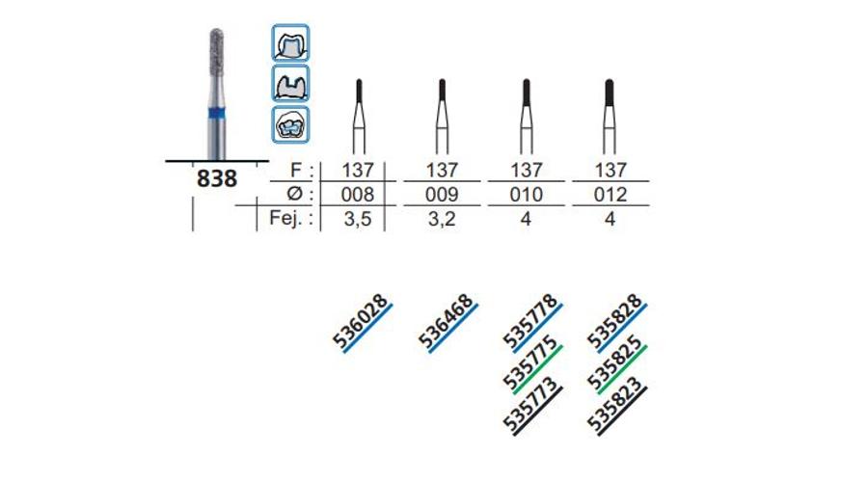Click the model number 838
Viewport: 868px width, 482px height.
217,178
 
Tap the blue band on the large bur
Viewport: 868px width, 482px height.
217,114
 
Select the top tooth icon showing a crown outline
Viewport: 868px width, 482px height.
290,42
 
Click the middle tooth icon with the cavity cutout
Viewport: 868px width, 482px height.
290,84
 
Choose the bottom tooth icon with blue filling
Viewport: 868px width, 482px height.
290,124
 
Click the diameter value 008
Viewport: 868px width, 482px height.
358,194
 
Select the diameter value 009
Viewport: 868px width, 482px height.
442,194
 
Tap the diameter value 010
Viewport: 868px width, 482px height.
526,194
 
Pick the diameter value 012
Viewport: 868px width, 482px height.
610,194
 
